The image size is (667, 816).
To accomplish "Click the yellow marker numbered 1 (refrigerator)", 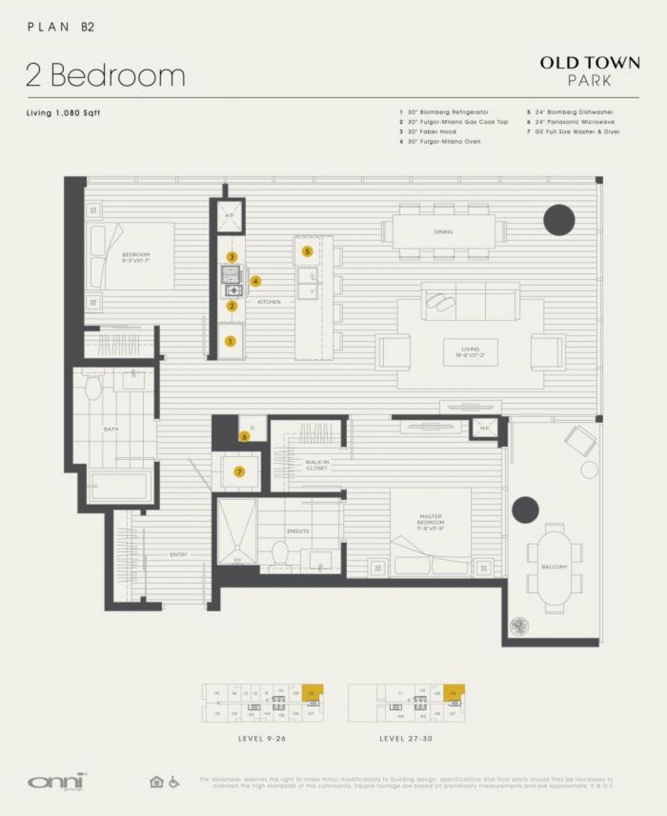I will (x=230, y=341).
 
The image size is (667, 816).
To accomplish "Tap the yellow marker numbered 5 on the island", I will (x=307, y=252).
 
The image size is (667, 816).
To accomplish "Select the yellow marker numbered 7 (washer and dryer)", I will (x=240, y=472).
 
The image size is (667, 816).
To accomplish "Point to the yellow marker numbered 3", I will (x=232, y=257).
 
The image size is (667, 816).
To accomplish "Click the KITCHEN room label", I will (x=269, y=302).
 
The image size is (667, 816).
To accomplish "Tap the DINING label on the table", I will (x=444, y=232).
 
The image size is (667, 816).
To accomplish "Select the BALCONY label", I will (x=554, y=567).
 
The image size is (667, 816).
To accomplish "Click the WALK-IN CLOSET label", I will (x=317, y=465).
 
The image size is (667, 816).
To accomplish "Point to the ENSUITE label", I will (x=298, y=531).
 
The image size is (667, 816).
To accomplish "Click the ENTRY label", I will (x=178, y=554).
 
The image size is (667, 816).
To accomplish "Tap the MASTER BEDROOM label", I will (x=431, y=522).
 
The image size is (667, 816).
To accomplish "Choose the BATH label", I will (x=111, y=429).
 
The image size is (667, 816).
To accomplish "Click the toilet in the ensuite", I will (x=280, y=552).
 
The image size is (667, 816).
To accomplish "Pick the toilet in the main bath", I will (x=93, y=387).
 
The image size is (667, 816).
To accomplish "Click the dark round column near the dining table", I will (x=559, y=219).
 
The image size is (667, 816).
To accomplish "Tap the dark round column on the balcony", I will (x=525, y=509).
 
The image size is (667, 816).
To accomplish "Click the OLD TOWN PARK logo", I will (x=589, y=71).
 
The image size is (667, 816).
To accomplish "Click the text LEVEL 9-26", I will (x=262, y=738).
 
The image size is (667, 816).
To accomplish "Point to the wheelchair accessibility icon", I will (x=174, y=782).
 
